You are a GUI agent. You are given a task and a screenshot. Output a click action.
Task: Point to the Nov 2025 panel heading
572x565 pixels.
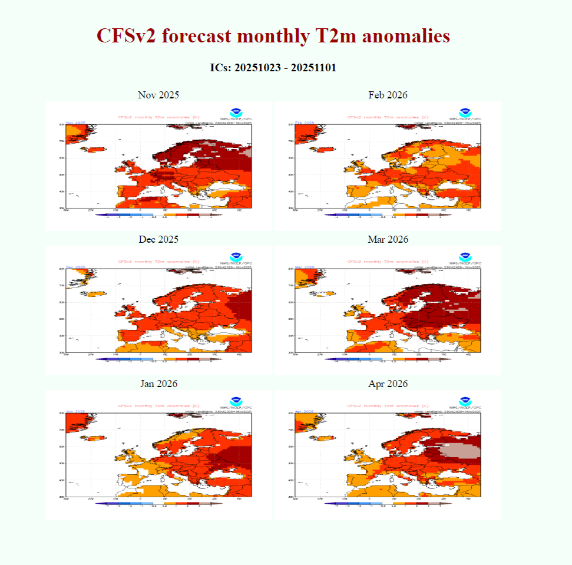(x=158, y=95)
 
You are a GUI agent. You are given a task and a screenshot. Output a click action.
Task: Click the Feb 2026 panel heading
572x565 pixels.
(x=388, y=95)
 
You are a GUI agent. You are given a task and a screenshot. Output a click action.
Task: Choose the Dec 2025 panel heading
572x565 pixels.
(x=158, y=239)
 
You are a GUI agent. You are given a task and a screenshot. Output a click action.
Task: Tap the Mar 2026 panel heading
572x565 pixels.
(x=388, y=239)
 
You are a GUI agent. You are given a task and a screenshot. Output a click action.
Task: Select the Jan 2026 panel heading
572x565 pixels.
(x=158, y=384)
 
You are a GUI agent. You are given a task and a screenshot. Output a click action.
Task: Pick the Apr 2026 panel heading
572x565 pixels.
(x=388, y=384)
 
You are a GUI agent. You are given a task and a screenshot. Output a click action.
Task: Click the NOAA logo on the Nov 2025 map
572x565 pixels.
(x=236, y=112)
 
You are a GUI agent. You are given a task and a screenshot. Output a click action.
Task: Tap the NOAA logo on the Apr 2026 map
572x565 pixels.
(x=465, y=401)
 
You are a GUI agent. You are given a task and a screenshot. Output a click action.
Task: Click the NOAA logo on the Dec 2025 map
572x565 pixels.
(x=236, y=256)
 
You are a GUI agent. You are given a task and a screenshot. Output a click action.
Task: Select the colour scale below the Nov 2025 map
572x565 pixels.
(x=158, y=215)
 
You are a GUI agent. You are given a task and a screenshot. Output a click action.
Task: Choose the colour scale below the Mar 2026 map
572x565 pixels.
(x=388, y=359)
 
